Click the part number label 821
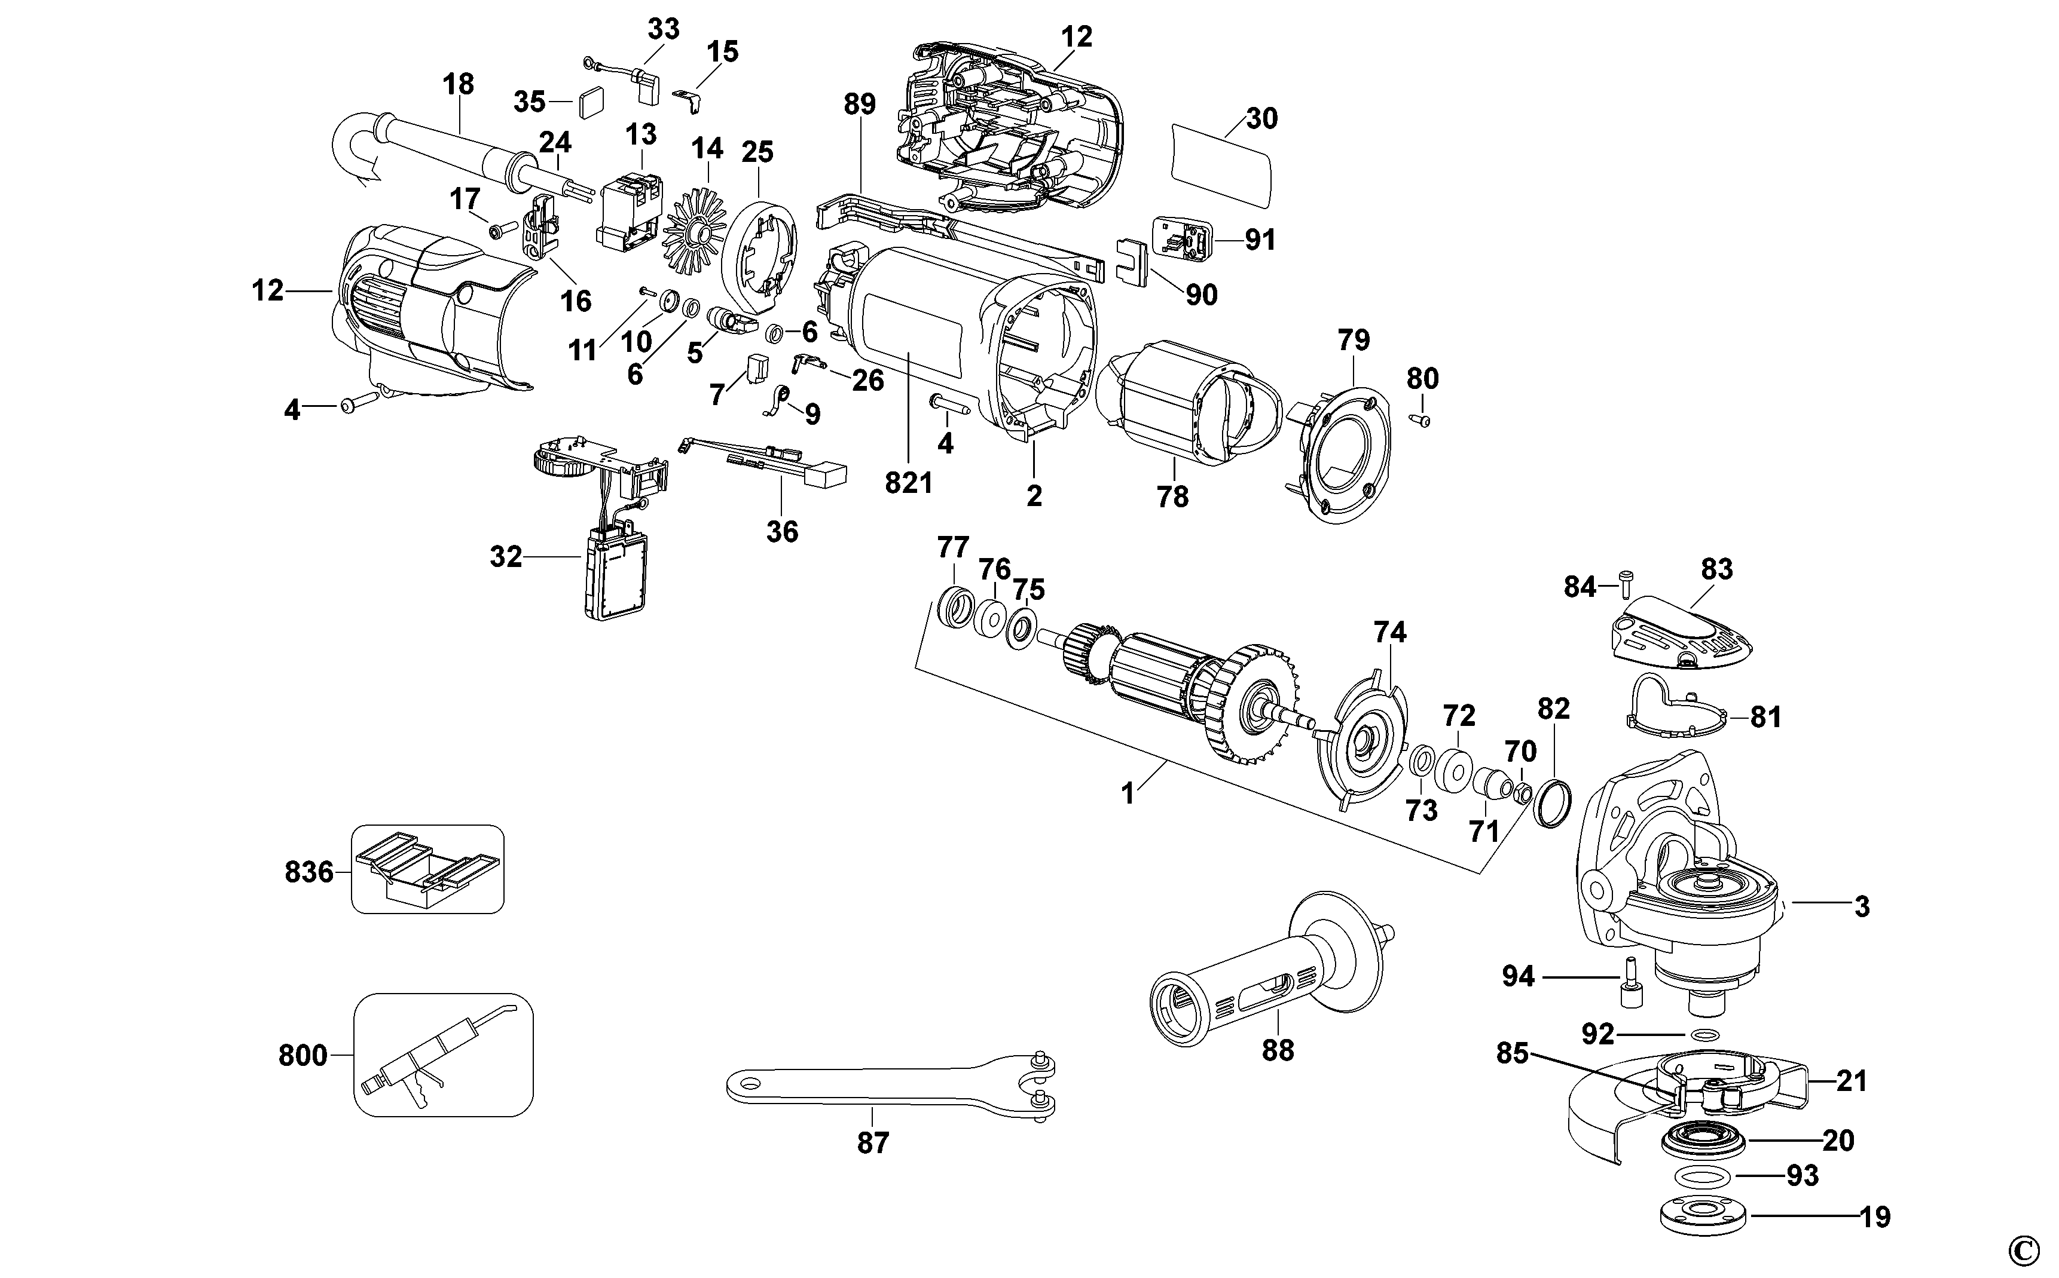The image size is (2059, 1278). click(908, 483)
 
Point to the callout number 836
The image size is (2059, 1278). click(308, 872)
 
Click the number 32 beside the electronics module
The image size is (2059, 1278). click(506, 557)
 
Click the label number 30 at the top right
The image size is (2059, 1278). click(1261, 118)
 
